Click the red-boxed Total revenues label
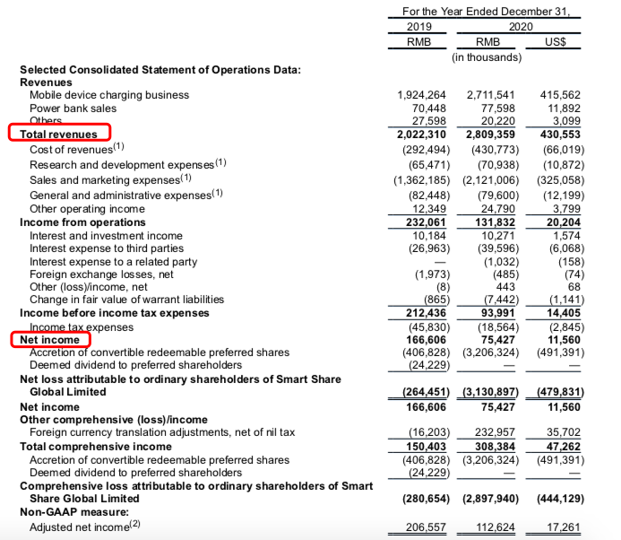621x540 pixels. click(59, 134)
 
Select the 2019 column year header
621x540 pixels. click(419, 27)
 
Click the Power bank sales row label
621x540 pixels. click(73, 108)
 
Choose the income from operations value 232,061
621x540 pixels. click(424, 222)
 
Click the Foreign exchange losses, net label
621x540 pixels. click(99, 274)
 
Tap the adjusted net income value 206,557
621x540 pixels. click(424, 527)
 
